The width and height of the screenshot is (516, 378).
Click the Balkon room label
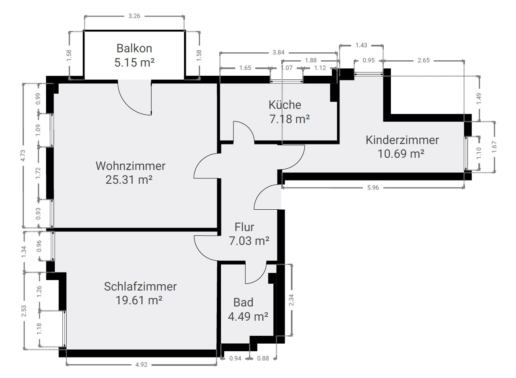point(134,49)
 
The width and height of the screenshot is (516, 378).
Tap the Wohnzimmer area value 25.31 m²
point(129,180)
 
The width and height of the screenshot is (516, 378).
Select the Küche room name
point(285,105)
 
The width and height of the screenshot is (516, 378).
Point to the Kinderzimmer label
point(402,140)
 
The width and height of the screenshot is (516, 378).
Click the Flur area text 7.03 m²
point(249,241)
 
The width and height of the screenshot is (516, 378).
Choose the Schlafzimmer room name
point(140,286)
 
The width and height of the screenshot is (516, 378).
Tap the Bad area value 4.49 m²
point(248,316)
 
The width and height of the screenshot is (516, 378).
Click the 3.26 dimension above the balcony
point(134,16)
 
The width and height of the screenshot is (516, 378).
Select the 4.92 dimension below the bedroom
point(141,365)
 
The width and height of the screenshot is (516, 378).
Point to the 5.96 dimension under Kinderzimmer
point(373,188)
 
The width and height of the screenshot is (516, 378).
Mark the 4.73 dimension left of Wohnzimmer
point(23,156)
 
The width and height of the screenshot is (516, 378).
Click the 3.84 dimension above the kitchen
point(278,52)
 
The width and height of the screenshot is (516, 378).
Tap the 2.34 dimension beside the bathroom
point(291,300)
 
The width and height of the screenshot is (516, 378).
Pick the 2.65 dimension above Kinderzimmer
point(424,60)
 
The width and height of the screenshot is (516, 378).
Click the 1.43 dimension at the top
point(361,45)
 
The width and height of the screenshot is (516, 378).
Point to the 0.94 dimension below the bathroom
point(235,358)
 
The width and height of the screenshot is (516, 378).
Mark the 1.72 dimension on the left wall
point(38,173)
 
